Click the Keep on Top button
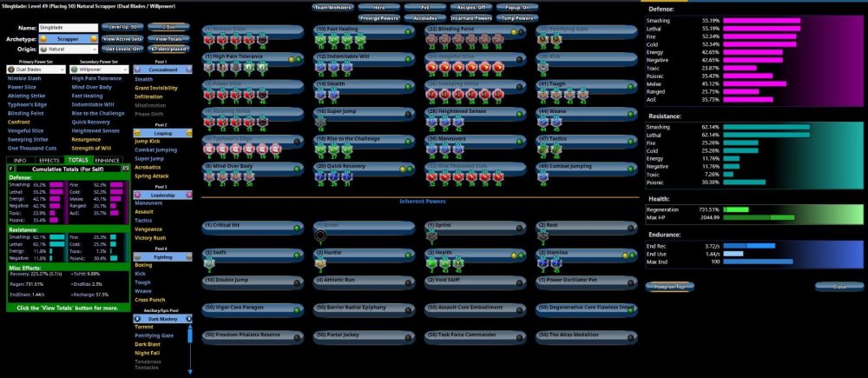[670, 286]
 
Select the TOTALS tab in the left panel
[77, 161]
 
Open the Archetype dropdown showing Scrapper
[69, 39]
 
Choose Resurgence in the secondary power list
[86, 138]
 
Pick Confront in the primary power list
[18, 122]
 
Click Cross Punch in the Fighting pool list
[150, 299]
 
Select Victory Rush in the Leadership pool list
[150, 237]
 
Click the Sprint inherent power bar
[477, 225]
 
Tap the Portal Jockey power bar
[365, 335]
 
